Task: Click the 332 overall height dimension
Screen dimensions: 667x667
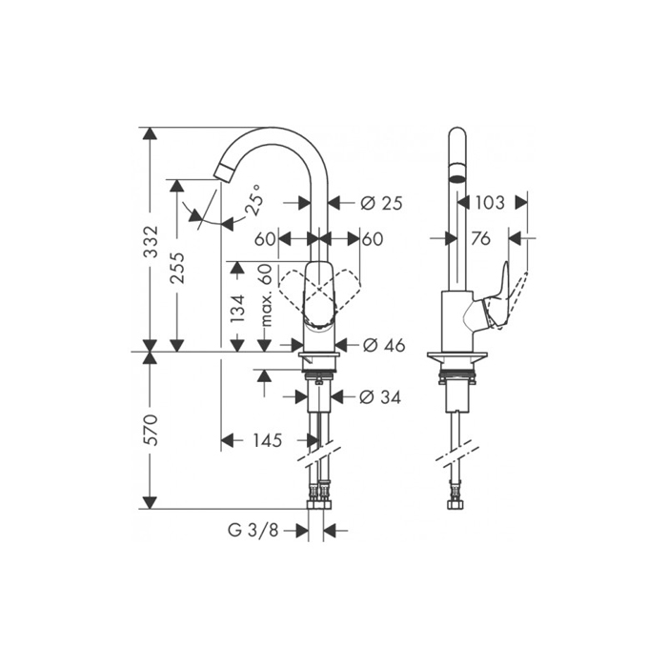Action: tap(151, 241)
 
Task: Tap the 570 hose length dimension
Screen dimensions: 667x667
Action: tap(151, 430)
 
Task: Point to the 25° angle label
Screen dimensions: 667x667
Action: tap(254, 200)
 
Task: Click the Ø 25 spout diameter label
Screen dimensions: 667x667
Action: tap(381, 203)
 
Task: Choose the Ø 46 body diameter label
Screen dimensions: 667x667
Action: tap(384, 345)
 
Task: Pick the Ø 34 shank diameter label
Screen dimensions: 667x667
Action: tap(380, 397)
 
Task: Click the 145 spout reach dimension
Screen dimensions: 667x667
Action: tap(268, 440)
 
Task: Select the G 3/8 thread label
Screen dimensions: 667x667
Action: tap(253, 531)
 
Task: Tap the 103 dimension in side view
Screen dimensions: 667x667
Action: tap(490, 202)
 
